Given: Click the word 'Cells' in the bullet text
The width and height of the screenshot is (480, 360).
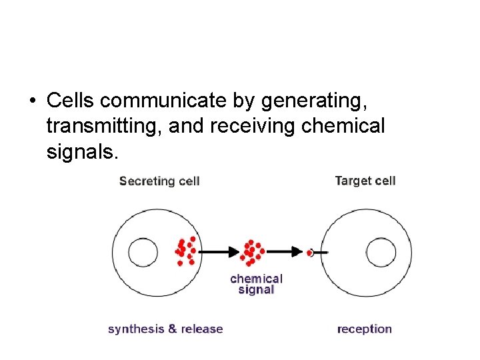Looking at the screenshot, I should pyautogui.click(x=69, y=101).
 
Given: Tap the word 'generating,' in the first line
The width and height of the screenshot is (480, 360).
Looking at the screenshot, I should pyautogui.click(x=314, y=101).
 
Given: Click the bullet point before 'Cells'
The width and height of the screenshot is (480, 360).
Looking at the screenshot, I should pyautogui.click(x=33, y=101).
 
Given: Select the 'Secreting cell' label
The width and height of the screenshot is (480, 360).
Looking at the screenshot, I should pyautogui.click(x=159, y=181).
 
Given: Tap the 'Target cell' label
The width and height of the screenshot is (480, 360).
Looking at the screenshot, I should pyautogui.click(x=365, y=181).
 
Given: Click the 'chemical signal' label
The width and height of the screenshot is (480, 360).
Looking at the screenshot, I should pyautogui.click(x=256, y=284).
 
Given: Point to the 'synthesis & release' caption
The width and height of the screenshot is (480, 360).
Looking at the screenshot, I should pyautogui.click(x=165, y=329).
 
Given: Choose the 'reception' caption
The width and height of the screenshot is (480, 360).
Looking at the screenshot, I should pyautogui.click(x=364, y=329).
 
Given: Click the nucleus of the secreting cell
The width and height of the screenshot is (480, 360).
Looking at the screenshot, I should pyautogui.click(x=143, y=253).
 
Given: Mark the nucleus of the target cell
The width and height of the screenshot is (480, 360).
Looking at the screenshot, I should pyautogui.click(x=381, y=253).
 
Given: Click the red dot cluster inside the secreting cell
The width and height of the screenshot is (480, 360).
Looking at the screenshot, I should pyautogui.click(x=185, y=251).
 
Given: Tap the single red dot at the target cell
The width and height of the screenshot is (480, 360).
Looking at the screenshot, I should pyautogui.click(x=310, y=253).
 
